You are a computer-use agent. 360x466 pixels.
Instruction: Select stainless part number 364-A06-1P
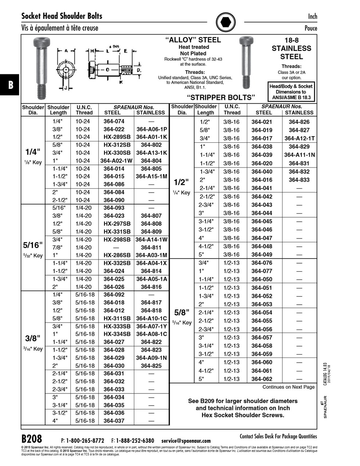point(151,130)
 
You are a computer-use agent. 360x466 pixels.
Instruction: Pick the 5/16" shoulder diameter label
point(33,245)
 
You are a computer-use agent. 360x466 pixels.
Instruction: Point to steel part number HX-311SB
point(117,319)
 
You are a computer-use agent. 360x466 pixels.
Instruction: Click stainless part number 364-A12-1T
point(299,138)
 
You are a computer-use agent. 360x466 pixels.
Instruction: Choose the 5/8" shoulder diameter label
point(182,313)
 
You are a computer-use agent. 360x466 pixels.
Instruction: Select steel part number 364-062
point(262,379)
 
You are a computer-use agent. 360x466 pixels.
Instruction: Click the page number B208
point(32,438)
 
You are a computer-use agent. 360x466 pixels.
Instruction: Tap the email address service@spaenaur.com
point(186,441)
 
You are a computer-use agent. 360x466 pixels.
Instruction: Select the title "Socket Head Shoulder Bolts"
point(62,16)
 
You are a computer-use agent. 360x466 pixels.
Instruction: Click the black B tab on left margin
point(10,85)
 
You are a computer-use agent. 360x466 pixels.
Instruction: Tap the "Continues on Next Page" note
point(288,387)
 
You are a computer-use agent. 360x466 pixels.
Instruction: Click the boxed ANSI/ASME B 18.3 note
point(291,92)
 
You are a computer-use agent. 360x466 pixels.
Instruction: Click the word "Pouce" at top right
point(310,28)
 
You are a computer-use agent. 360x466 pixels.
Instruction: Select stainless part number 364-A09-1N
point(151,358)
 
